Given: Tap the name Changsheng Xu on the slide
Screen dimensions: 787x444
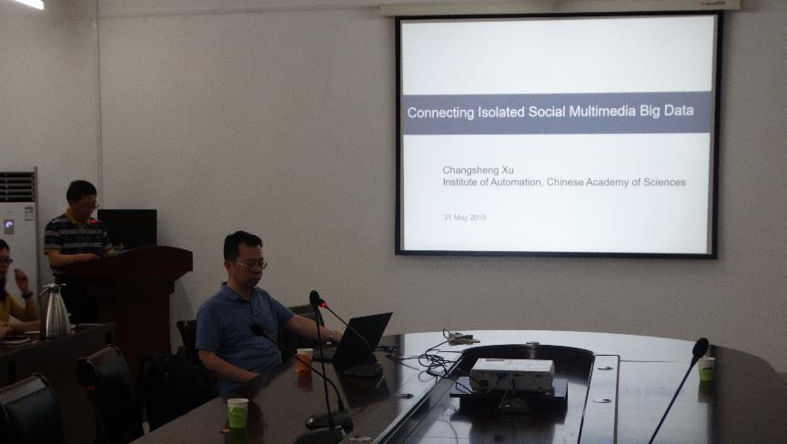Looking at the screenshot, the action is [479, 170].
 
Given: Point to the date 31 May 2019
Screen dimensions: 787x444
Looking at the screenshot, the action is [465, 217].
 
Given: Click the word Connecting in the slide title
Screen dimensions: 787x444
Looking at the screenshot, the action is [440, 113].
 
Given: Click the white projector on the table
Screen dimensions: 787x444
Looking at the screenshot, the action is [512, 374].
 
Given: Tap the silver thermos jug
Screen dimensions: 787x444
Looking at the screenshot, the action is [55, 310].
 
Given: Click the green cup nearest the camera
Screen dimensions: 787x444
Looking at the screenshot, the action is [237, 413].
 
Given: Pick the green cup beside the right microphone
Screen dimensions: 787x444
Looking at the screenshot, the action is [706, 368].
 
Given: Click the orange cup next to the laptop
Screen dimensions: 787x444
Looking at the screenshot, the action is [304, 360].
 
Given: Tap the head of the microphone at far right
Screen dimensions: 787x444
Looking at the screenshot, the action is [701, 348].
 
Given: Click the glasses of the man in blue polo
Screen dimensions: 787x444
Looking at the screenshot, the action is [251, 265].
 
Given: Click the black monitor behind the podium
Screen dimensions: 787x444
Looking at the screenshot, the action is [127, 228].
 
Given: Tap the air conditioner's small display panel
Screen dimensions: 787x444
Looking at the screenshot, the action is [8, 227].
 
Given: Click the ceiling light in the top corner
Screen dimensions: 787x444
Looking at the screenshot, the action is [29, 4].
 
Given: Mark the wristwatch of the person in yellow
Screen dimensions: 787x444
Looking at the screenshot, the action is [27, 295].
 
